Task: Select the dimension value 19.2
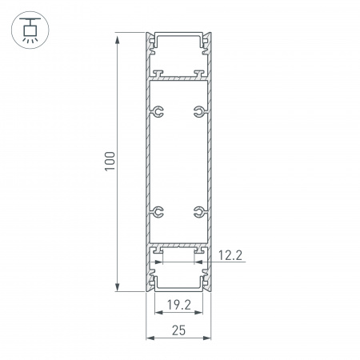click(x=178, y=304)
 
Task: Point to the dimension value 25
click(x=178, y=328)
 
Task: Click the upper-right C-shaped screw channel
click(x=198, y=111)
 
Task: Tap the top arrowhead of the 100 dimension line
click(x=118, y=37)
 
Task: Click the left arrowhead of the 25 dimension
click(x=148, y=338)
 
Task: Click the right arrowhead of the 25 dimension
click(x=210, y=338)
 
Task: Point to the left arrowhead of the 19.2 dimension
click(x=155, y=315)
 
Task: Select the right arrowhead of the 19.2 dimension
click(x=202, y=315)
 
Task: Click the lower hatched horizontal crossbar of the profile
click(x=178, y=246)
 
